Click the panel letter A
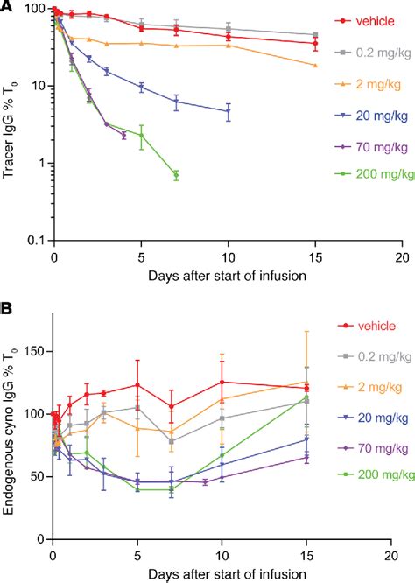pos(7,8)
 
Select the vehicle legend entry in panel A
pos(367,18)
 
